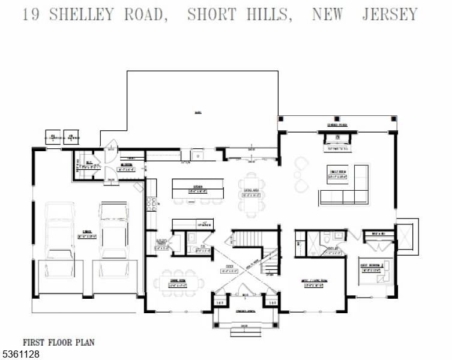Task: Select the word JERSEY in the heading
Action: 389,15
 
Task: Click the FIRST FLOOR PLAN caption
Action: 59,342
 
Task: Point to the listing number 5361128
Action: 21,355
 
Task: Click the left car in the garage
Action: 60,231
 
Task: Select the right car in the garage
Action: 114,231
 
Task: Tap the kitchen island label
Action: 198,188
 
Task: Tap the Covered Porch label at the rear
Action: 337,125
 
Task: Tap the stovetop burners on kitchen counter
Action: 150,203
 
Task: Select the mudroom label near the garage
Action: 126,167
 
